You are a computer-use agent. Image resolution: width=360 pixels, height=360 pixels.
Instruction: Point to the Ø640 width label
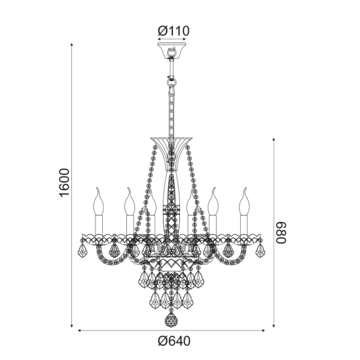(173, 341)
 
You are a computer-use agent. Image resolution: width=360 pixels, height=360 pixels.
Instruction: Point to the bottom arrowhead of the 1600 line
(71, 328)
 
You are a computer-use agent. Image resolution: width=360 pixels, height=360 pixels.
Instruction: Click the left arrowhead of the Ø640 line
(81, 331)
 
